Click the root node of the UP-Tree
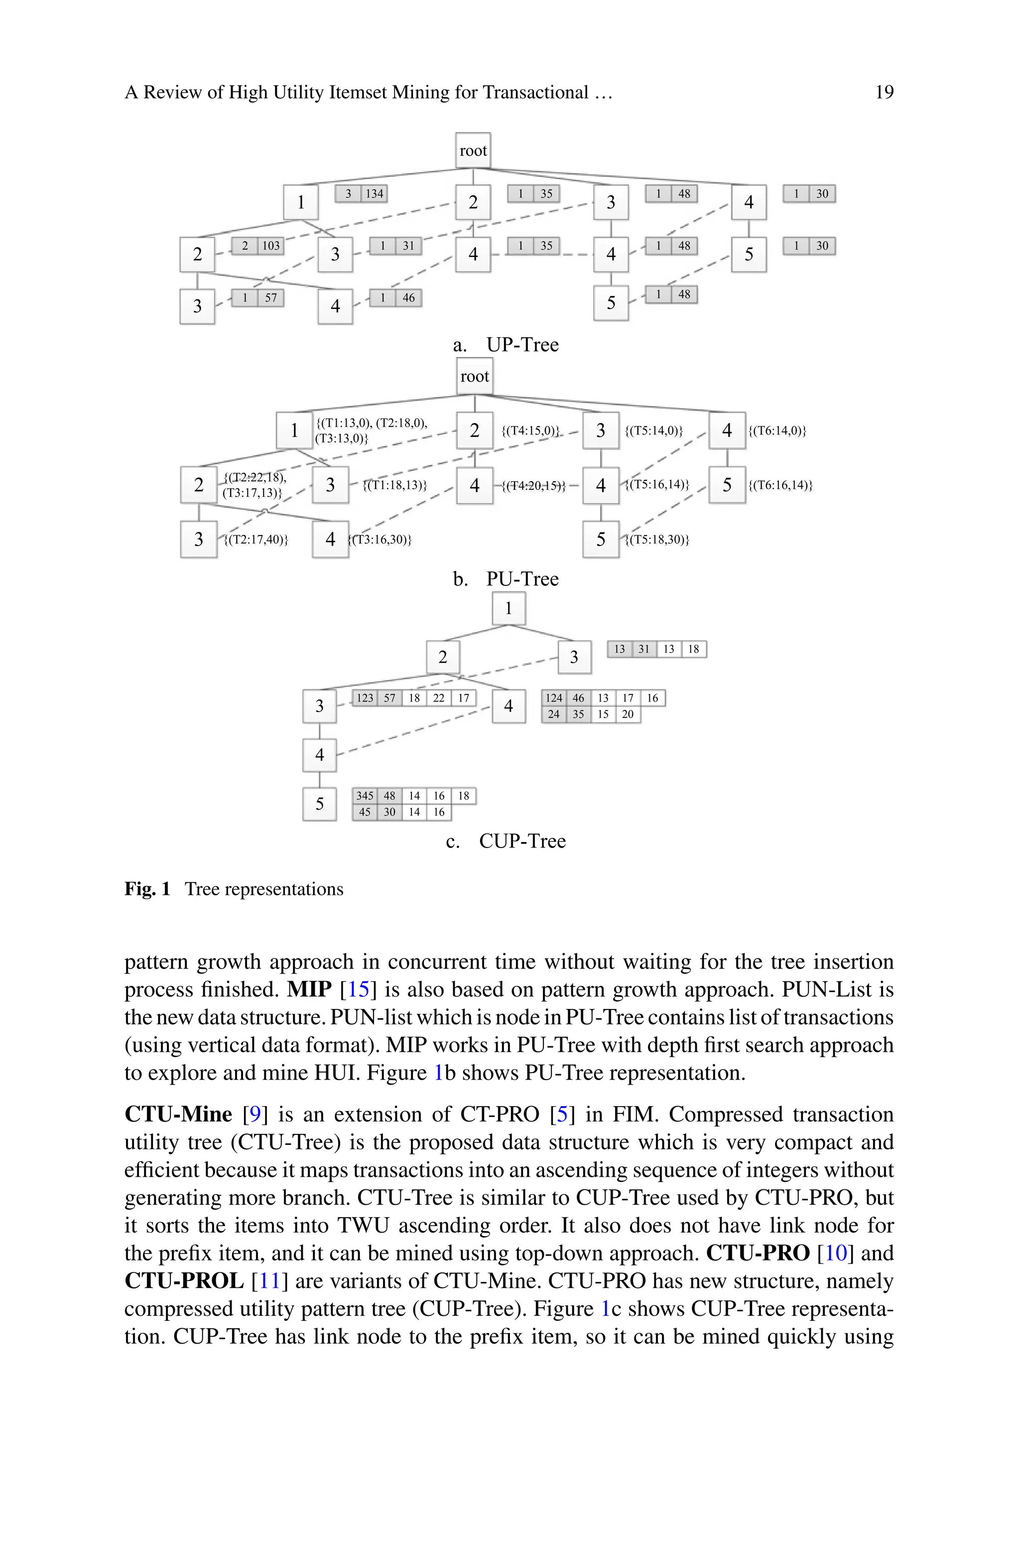(x=473, y=151)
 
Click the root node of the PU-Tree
(x=474, y=377)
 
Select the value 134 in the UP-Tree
(x=374, y=194)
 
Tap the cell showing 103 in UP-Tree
(x=270, y=246)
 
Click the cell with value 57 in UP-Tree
(x=270, y=298)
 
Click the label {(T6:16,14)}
(x=780, y=485)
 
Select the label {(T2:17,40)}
(x=255, y=539)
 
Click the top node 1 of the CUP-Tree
(x=508, y=608)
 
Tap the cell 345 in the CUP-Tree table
(x=365, y=796)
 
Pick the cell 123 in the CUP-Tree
(x=365, y=698)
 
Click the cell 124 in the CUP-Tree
(x=554, y=698)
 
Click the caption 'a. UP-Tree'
(x=506, y=345)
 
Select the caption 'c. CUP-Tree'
(x=506, y=841)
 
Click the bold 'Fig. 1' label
(x=147, y=889)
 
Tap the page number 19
(x=884, y=92)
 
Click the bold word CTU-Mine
(x=178, y=1115)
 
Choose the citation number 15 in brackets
(x=358, y=989)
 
